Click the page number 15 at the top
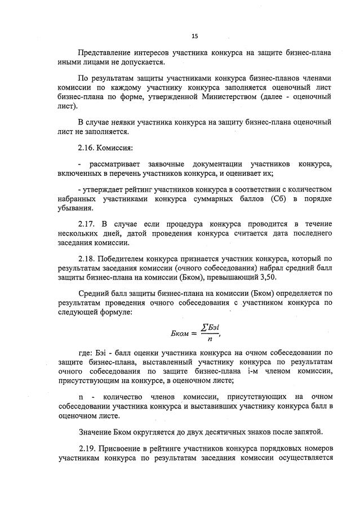194,36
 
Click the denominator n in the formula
210,339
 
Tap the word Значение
97,432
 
